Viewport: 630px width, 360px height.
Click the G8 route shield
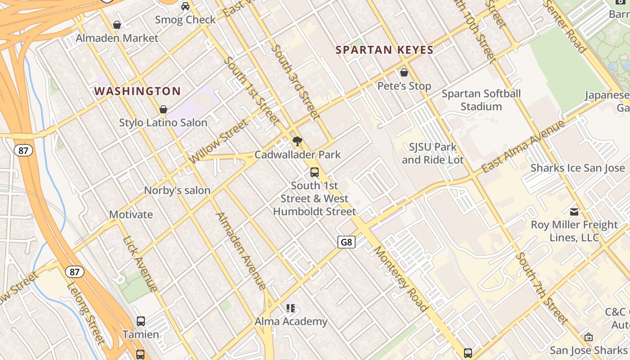coord(346,242)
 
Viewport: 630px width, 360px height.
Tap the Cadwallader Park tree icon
coord(297,142)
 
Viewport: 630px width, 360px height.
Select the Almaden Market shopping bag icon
coord(117,25)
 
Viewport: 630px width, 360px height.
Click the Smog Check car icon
coord(185,6)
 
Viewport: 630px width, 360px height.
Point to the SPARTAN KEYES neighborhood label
coord(385,50)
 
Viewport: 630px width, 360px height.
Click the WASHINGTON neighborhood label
coord(137,91)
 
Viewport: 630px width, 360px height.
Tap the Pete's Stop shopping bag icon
coord(404,72)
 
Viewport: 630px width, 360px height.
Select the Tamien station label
coord(141,334)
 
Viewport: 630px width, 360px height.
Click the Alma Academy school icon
coord(291,308)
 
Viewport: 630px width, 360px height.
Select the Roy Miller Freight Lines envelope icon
coord(574,211)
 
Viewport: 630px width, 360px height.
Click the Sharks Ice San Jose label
coord(578,168)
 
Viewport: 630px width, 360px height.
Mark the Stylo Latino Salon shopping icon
coord(163,109)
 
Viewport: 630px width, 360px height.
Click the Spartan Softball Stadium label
coord(481,100)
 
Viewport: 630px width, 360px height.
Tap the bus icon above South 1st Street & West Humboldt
coord(315,172)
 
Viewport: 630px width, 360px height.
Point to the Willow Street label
coord(219,141)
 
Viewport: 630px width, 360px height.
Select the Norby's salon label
coord(177,190)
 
